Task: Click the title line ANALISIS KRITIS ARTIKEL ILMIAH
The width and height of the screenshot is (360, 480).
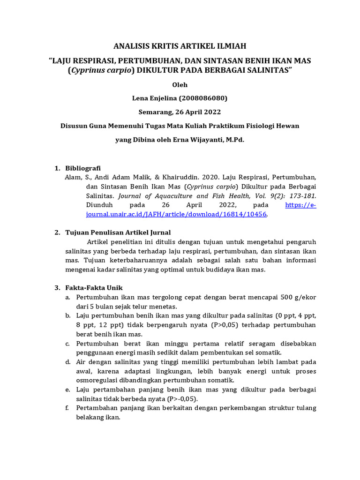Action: (x=180, y=46)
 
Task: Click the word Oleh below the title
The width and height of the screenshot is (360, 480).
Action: (x=180, y=85)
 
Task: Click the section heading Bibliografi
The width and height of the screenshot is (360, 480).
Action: (x=82, y=168)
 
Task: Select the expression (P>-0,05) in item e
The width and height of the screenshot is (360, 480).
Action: (x=182, y=398)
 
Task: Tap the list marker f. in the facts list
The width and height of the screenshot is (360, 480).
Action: (x=67, y=408)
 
